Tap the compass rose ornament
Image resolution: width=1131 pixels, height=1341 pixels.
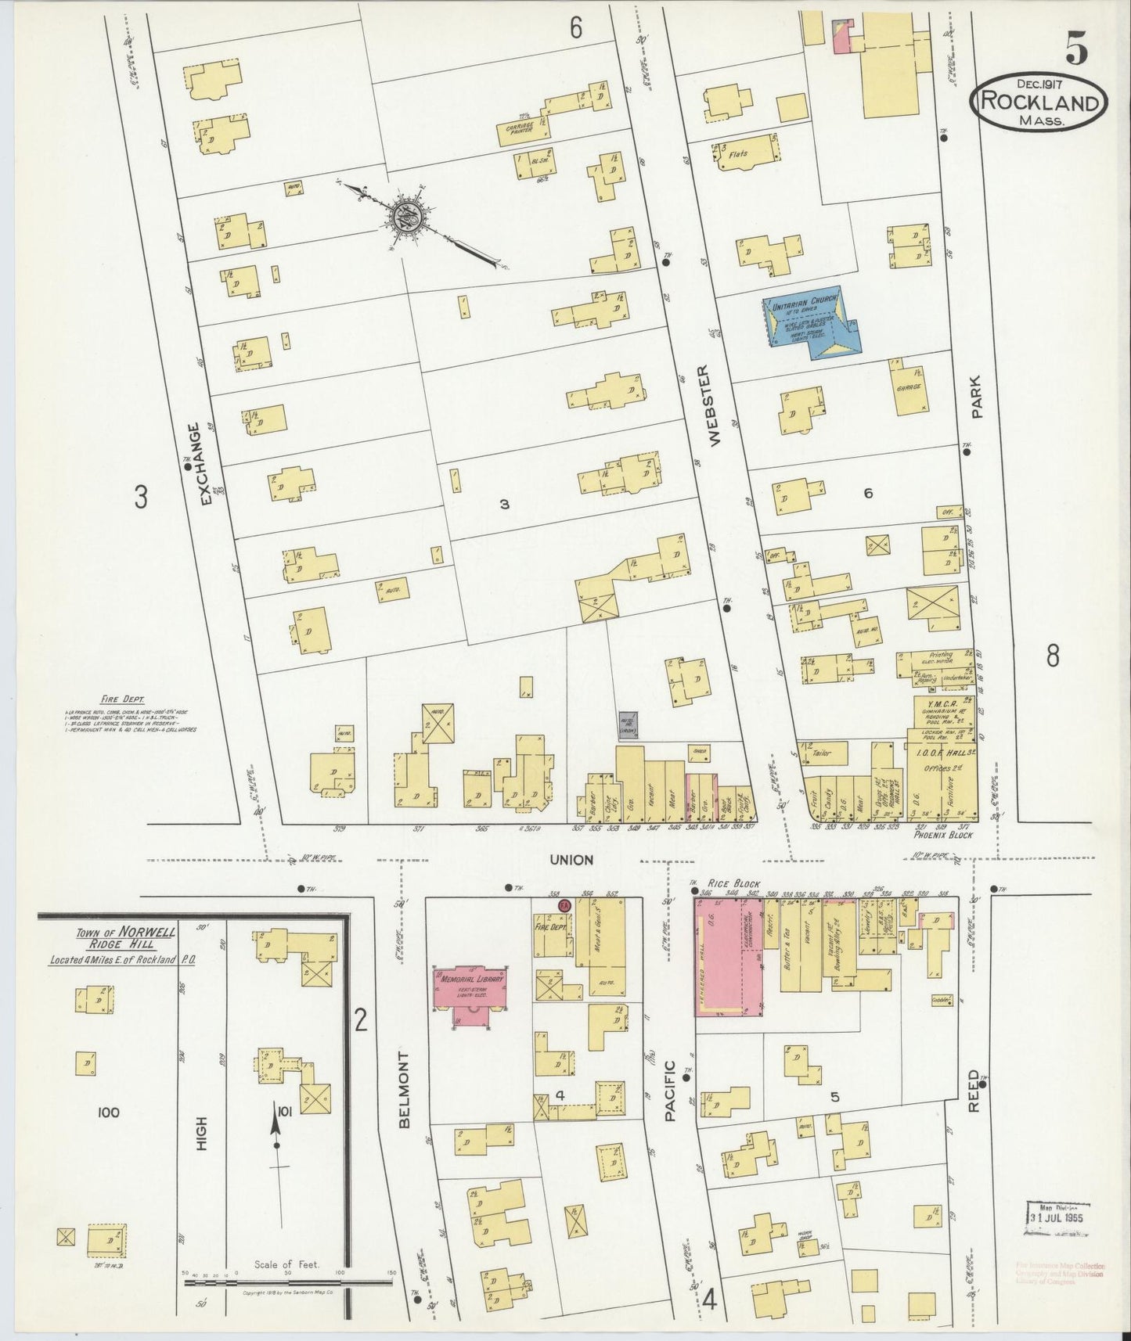click(409, 213)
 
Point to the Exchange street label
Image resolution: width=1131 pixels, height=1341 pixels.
click(205, 463)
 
